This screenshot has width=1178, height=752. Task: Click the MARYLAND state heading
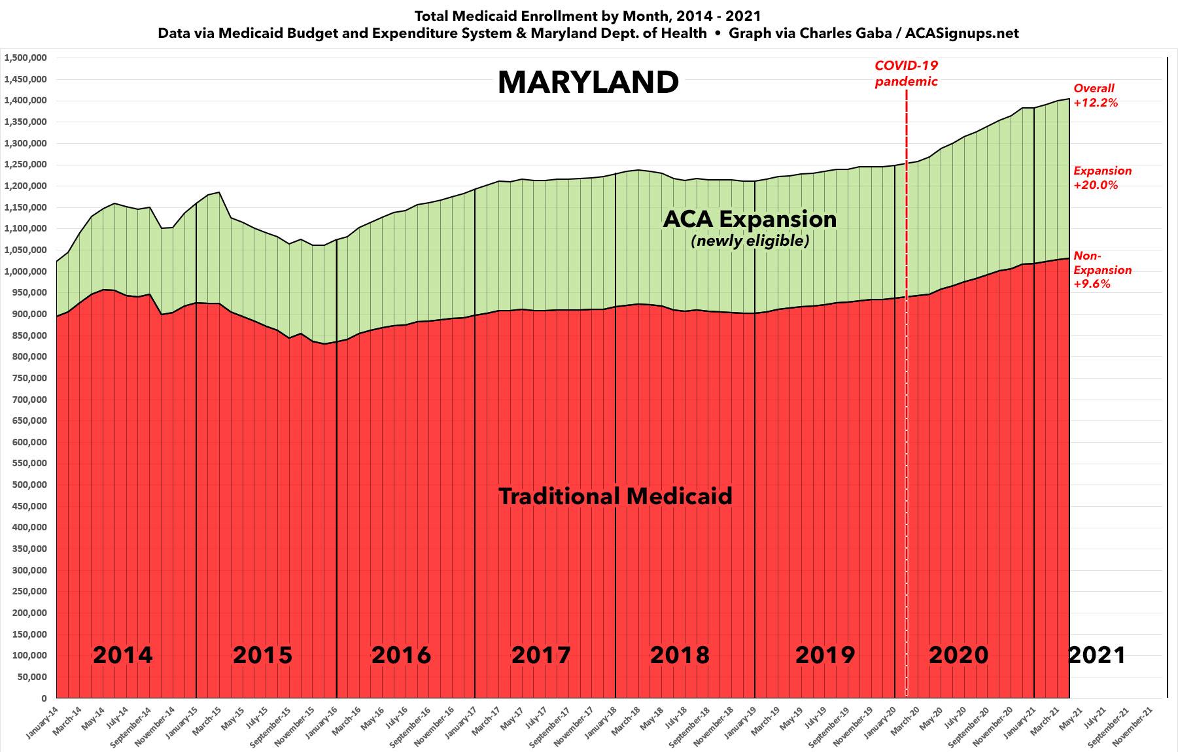(588, 83)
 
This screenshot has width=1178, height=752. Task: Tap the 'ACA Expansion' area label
(750, 219)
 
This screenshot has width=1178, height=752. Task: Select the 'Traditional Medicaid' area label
(615, 496)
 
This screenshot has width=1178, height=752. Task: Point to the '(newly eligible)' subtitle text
(750, 241)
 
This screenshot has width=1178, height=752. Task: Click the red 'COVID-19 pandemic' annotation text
(906, 73)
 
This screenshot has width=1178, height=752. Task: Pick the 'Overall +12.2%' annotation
(1096, 95)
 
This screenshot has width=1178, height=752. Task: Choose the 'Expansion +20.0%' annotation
(1102, 178)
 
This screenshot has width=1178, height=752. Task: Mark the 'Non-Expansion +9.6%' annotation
(1102, 270)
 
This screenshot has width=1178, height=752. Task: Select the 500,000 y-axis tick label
(29, 485)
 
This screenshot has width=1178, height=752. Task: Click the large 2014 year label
(122, 655)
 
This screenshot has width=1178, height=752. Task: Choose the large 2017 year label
(541, 655)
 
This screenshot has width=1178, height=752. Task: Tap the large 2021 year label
(1097, 655)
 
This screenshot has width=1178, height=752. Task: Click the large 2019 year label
(825, 655)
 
